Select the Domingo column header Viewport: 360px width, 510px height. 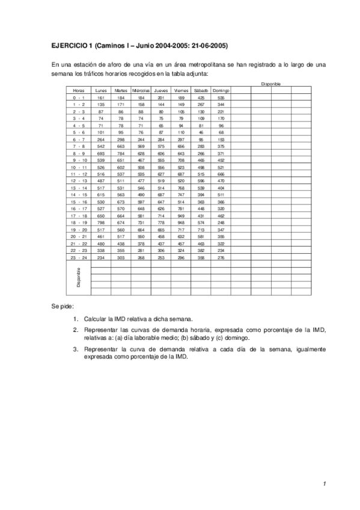[221, 90]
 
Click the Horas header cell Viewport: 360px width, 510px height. [79, 90]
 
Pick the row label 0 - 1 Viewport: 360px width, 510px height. [79, 97]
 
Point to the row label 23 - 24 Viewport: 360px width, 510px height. [79, 258]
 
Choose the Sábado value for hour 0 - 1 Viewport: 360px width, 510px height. [201, 97]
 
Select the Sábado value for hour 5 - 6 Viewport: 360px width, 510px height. [201, 132]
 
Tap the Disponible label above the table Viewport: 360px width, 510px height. [270, 84]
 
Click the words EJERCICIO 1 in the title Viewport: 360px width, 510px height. [70, 45]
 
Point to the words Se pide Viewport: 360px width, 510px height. [62, 306]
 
